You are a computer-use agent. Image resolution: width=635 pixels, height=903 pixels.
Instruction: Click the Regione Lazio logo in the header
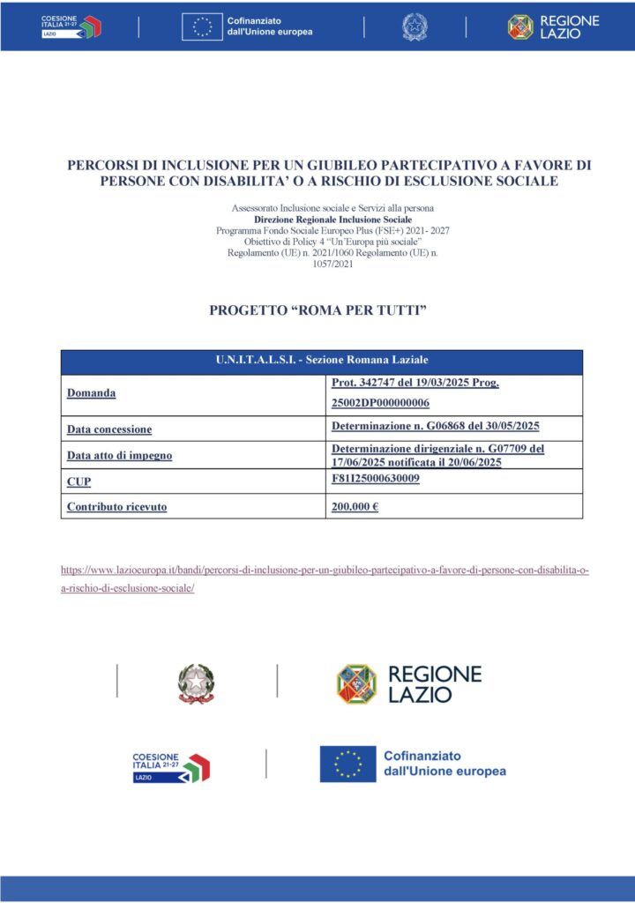553,26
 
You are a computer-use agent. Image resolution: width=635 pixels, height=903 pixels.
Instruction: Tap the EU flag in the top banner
202,27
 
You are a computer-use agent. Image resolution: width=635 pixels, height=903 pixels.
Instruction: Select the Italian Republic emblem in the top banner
413,27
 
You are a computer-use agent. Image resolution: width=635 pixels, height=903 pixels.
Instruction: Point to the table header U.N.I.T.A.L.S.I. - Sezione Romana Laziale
322,361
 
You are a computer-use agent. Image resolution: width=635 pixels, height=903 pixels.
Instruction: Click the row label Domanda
92,392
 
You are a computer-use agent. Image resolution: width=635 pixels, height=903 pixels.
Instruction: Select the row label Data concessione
109,429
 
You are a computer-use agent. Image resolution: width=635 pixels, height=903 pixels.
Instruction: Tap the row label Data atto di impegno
119,455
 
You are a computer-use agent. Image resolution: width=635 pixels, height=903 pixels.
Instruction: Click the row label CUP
78,481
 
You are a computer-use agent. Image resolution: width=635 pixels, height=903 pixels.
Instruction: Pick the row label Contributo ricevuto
116,506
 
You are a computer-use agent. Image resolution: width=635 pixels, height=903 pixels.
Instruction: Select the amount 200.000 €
355,506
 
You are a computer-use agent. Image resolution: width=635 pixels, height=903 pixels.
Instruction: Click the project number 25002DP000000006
380,403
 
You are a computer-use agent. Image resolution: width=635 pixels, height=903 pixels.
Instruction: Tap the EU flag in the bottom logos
347,763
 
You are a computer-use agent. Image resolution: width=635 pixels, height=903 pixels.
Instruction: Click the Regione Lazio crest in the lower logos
356,683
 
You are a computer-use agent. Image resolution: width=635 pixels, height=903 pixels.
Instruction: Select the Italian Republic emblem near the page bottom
196,683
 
